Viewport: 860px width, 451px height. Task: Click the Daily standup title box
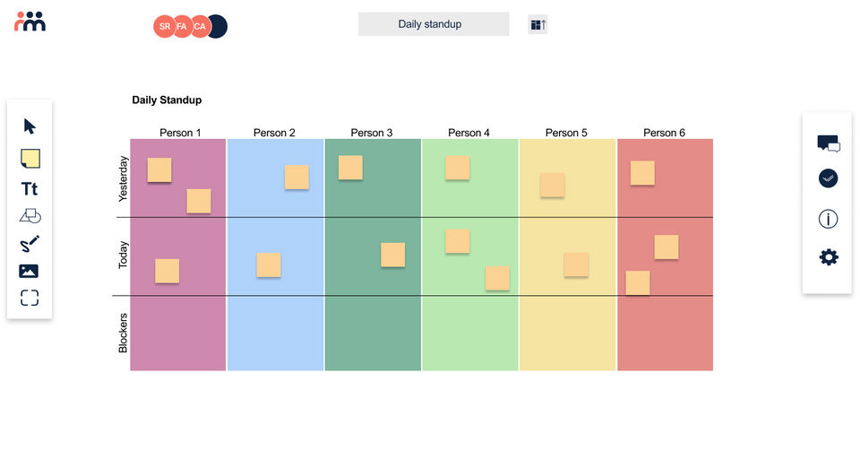click(434, 24)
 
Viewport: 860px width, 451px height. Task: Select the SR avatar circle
click(165, 27)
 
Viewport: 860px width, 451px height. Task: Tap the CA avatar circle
click(199, 27)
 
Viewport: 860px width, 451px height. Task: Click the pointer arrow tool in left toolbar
click(30, 126)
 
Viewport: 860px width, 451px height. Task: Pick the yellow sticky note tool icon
click(30, 159)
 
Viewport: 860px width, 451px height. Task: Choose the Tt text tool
click(30, 189)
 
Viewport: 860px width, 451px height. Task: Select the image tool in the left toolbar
click(30, 271)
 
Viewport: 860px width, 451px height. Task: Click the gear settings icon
click(829, 257)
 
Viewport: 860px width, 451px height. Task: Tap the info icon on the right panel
click(829, 219)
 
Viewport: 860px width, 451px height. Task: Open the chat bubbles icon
click(829, 143)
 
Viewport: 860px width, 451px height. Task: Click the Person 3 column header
click(372, 133)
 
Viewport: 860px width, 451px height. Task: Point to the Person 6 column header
click(665, 133)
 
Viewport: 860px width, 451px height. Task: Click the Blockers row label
click(124, 333)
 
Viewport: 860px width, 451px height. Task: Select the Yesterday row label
click(124, 179)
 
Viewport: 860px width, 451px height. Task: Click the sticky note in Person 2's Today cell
click(269, 265)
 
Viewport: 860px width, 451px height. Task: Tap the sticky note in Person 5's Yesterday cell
click(553, 186)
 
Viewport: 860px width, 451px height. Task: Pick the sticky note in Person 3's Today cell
click(393, 256)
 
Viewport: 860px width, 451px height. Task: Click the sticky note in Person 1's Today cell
click(168, 272)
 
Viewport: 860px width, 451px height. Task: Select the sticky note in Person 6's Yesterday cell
click(642, 173)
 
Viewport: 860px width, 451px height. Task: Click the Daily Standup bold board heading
click(167, 100)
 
